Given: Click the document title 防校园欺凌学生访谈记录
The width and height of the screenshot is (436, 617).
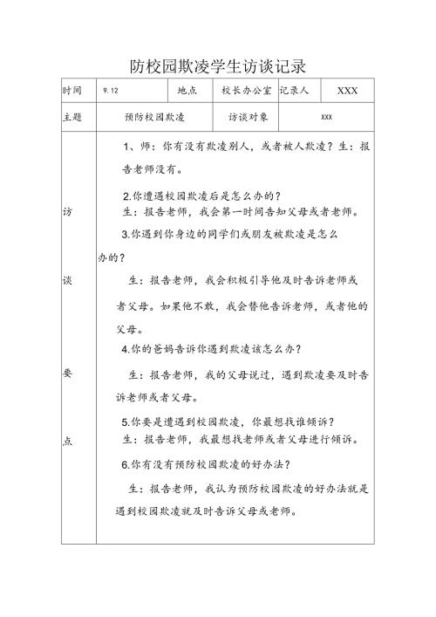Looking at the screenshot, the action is pyautogui.click(x=218, y=66).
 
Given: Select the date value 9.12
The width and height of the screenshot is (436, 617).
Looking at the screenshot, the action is pyautogui.click(x=111, y=91).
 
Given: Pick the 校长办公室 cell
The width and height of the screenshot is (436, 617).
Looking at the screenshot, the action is pyautogui.click(x=247, y=90).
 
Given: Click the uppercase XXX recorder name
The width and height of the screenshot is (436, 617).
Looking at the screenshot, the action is pyautogui.click(x=348, y=91).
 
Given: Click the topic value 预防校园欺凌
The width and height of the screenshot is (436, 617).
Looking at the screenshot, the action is pyautogui.click(x=155, y=116).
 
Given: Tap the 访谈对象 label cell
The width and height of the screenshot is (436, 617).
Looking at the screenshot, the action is pyautogui.click(x=249, y=116).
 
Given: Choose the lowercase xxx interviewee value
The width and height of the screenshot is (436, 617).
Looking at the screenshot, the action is pyautogui.click(x=327, y=117).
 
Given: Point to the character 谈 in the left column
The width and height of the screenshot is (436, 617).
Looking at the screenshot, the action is pyautogui.click(x=68, y=281).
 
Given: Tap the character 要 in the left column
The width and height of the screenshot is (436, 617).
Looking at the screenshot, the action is pyautogui.click(x=68, y=372).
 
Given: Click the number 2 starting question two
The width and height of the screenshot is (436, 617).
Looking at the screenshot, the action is pyautogui.click(x=126, y=195).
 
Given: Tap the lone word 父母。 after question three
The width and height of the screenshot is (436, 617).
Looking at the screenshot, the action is pyautogui.click(x=132, y=329).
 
